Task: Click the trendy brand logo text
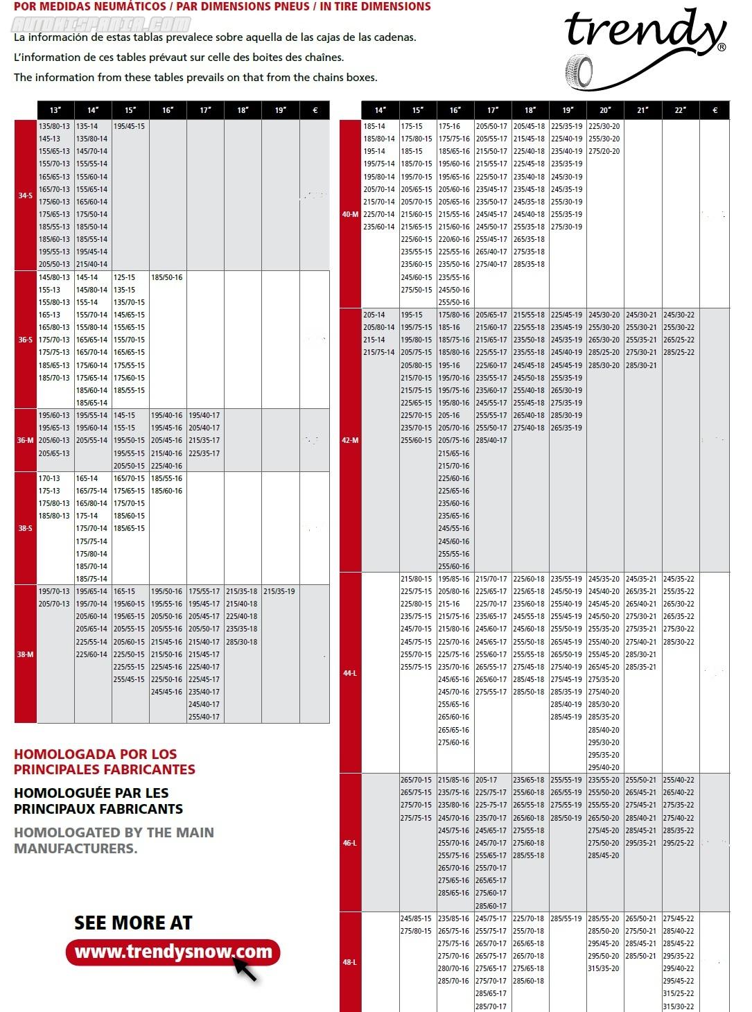(x=645, y=31)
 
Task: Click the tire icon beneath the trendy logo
(x=580, y=71)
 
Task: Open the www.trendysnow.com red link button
(x=173, y=952)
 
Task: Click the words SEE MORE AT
(x=133, y=923)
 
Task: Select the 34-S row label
(x=26, y=195)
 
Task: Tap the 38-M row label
(x=26, y=654)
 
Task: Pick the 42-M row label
(x=350, y=440)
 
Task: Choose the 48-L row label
(x=350, y=962)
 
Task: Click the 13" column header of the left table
(x=55, y=110)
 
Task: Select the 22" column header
(x=681, y=110)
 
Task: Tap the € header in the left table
(x=315, y=110)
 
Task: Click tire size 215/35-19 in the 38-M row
(x=279, y=591)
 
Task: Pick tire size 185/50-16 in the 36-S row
(x=167, y=277)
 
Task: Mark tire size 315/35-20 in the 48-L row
(x=604, y=968)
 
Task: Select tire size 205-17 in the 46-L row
(x=487, y=780)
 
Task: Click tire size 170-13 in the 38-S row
(x=49, y=478)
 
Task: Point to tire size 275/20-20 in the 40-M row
(x=604, y=151)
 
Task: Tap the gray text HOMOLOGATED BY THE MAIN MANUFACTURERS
(x=114, y=840)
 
